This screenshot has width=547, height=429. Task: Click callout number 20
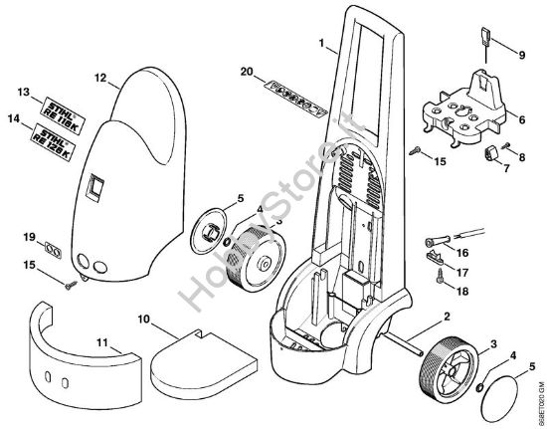248,70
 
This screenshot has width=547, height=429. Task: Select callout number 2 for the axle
447,316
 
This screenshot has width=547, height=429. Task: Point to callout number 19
30,236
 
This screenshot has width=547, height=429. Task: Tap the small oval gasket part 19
52,246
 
